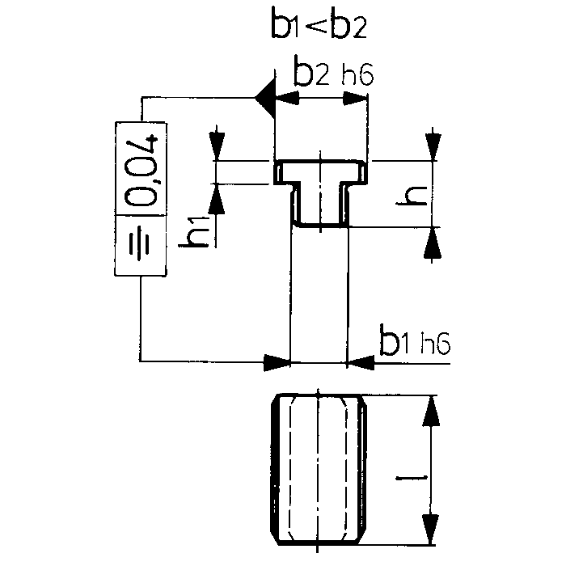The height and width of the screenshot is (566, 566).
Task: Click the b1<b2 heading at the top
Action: pyautogui.click(x=319, y=23)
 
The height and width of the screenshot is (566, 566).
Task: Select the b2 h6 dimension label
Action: pyautogui.click(x=333, y=71)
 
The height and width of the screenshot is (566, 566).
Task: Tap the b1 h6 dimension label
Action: pyautogui.click(x=415, y=340)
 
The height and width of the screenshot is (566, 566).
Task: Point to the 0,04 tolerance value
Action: pyautogui.click(x=141, y=170)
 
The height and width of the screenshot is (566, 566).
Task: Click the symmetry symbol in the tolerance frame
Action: pyautogui.click(x=139, y=244)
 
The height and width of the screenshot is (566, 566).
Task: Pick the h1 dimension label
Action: pyautogui.click(x=194, y=232)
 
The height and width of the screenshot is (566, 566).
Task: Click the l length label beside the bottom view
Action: pyautogui.click(x=412, y=478)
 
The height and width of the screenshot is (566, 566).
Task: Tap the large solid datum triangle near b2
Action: pyautogui.click(x=265, y=98)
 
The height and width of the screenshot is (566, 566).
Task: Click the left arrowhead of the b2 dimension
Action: pyautogui.click(x=287, y=98)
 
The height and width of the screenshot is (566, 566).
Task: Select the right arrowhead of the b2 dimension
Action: pyautogui.click(x=355, y=98)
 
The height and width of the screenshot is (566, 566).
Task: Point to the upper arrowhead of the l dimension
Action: pyautogui.click(x=431, y=411)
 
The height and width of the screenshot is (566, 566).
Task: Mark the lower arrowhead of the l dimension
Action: pyautogui.click(x=430, y=529)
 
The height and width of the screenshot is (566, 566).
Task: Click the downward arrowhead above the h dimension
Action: pyautogui.click(x=433, y=146)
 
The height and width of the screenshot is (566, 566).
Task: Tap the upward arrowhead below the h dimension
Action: pyautogui.click(x=433, y=243)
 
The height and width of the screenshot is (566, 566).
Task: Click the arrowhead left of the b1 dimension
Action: pyautogui.click(x=277, y=363)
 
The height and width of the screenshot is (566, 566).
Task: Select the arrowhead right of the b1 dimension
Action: pyautogui.click(x=361, y=363)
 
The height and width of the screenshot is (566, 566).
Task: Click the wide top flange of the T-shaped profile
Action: pyautogui.click(x=320, y=171)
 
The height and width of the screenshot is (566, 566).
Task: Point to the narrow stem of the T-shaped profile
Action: pyautogui.click(x=320, y=205)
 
